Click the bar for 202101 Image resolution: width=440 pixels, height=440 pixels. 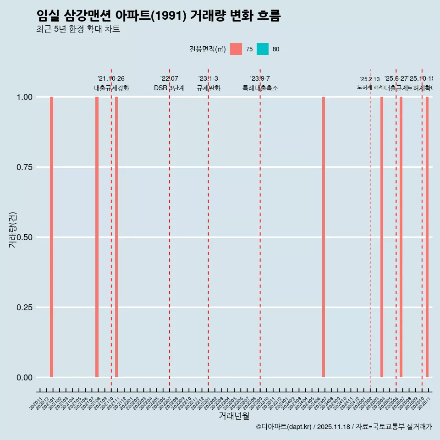pos(52,237)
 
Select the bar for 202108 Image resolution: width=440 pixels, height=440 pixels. pos(97,237)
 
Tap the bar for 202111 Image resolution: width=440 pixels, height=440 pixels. pos(116,237)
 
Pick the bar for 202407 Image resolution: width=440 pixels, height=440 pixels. pos(324,237)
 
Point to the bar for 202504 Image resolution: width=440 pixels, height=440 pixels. pos(382,237)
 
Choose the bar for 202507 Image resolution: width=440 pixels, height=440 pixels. pos(401,237)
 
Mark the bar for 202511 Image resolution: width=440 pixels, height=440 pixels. pos(427,237)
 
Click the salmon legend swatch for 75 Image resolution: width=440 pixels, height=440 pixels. pos(236,49)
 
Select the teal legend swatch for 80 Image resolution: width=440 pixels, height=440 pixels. pos(263,49)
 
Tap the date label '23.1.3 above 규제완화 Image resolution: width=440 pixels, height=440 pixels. pos(208,79)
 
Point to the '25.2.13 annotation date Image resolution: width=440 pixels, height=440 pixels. pos(370,79)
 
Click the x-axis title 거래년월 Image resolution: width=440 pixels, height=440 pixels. pos(234,416)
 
